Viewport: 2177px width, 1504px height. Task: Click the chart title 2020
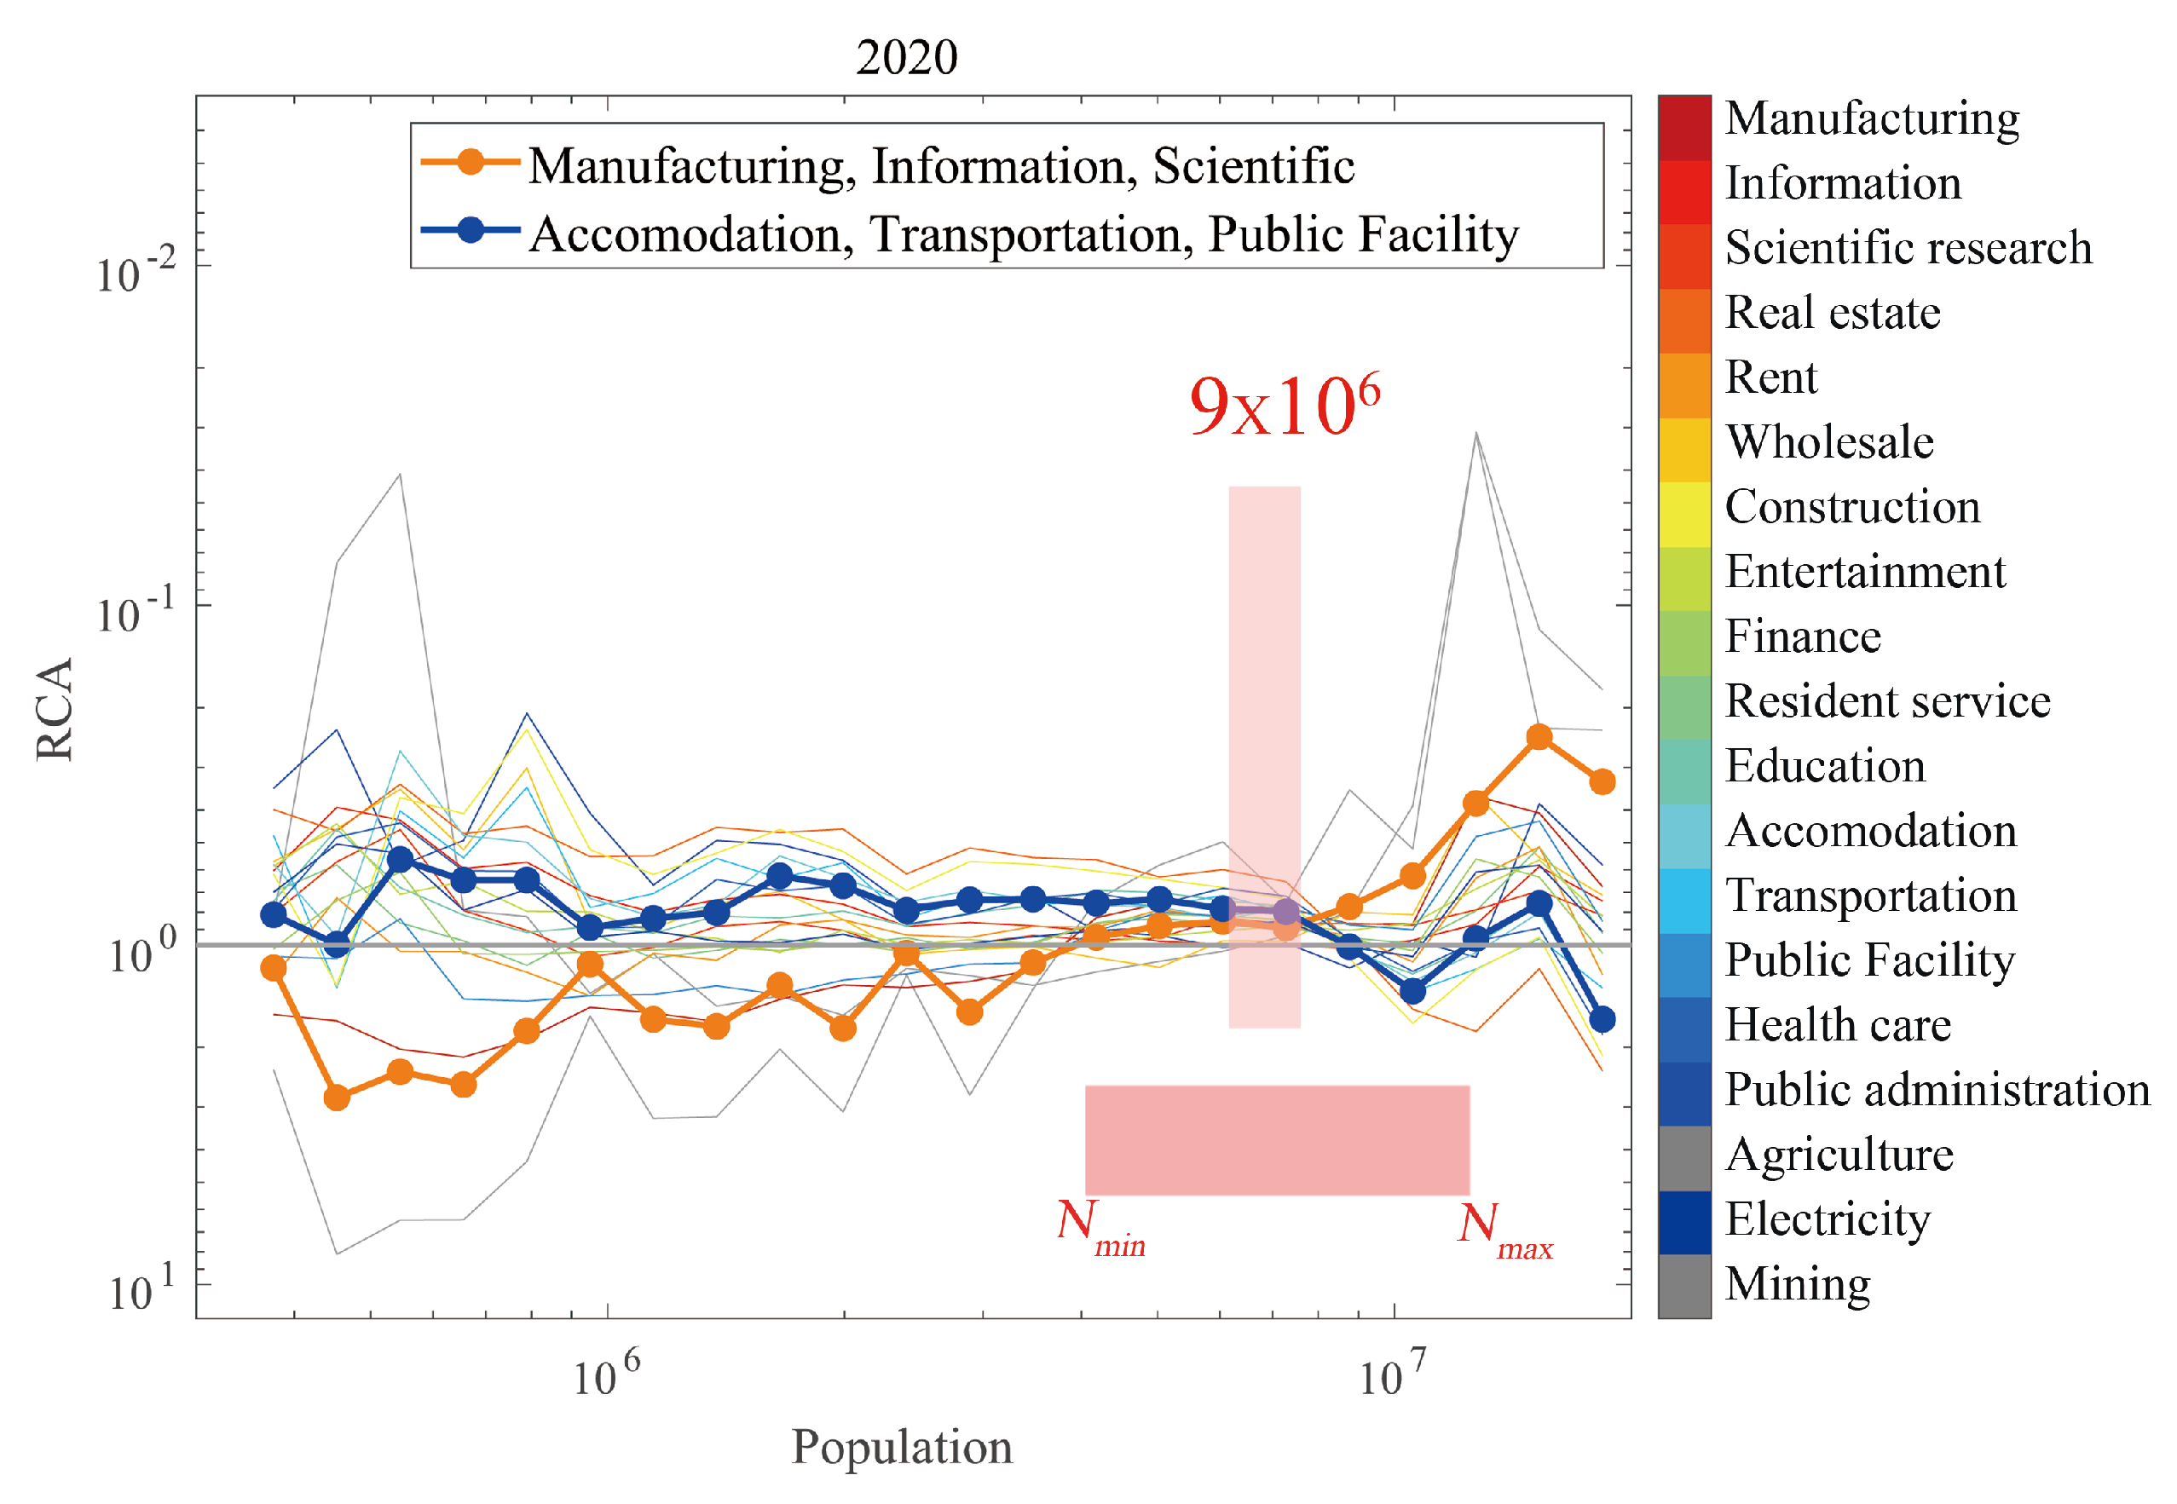coord(906,57)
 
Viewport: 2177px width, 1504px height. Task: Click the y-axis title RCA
coord(55,709)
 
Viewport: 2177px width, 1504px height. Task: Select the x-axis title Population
coord(901,1447)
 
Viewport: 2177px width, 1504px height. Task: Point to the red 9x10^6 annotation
coord(1284,406)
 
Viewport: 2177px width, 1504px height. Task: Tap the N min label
coord(1100,1228)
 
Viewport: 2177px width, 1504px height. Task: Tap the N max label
coord(1503,1230)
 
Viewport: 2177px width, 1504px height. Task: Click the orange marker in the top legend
coord(470,162)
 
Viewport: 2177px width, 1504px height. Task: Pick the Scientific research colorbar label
coord(1908,248)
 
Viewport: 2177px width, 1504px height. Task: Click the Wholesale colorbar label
coord(1828,442)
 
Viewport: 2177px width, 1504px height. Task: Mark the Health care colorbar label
coord(1837,1024)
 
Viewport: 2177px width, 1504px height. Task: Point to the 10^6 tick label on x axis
coord(605,1376)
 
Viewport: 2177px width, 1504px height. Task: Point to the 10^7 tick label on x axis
coord(1391,1376)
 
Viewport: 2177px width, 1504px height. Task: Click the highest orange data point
coord(1538,737)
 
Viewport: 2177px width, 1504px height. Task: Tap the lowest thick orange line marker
coord(337,1098)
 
